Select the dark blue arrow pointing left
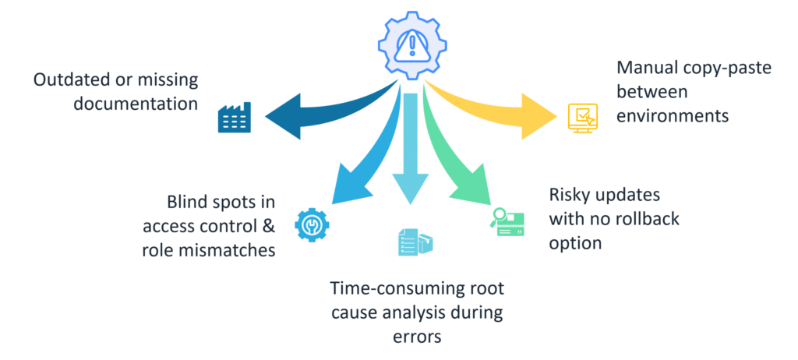click(x=312, y=113)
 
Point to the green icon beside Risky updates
click(x=507, y=221)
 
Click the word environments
click(x=673, y=116)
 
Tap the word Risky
click(x=571, y=196)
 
